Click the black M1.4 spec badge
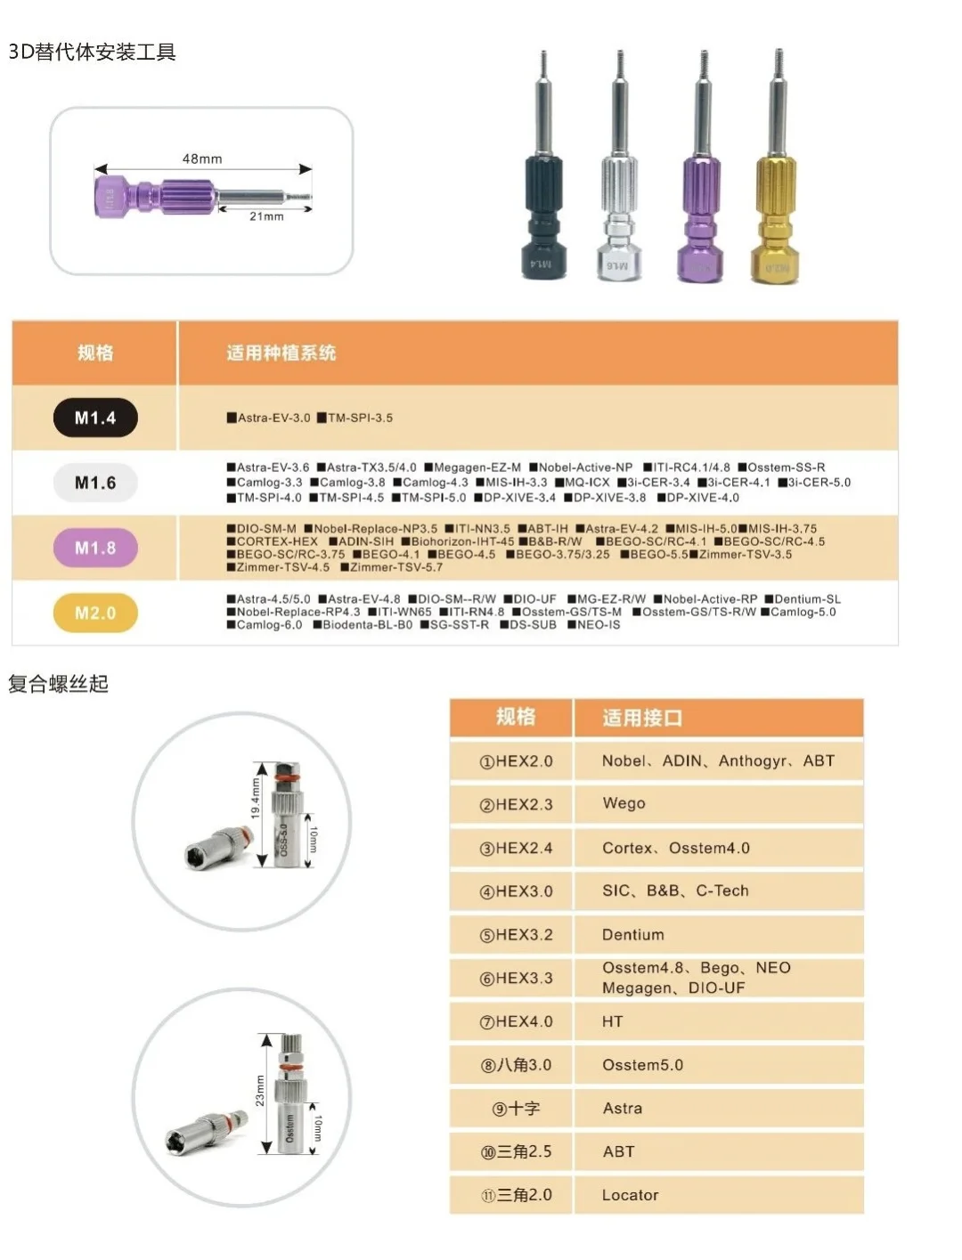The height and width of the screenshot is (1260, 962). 95,418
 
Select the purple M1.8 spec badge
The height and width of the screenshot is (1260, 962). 95,548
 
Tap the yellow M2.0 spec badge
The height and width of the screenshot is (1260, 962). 95,613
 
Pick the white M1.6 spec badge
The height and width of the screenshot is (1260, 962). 95,483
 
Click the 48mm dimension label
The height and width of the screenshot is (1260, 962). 202,159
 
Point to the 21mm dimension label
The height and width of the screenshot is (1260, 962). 266,216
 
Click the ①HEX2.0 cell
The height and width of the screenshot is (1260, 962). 517,761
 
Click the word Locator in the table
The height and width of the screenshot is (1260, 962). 630,1195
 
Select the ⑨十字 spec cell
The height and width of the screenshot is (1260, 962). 517,1109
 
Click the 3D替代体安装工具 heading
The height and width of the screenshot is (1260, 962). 93,53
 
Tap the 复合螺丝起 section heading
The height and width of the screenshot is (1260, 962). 59,684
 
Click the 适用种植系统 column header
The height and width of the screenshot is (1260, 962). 281,354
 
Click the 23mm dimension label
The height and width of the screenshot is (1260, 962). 260,1090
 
